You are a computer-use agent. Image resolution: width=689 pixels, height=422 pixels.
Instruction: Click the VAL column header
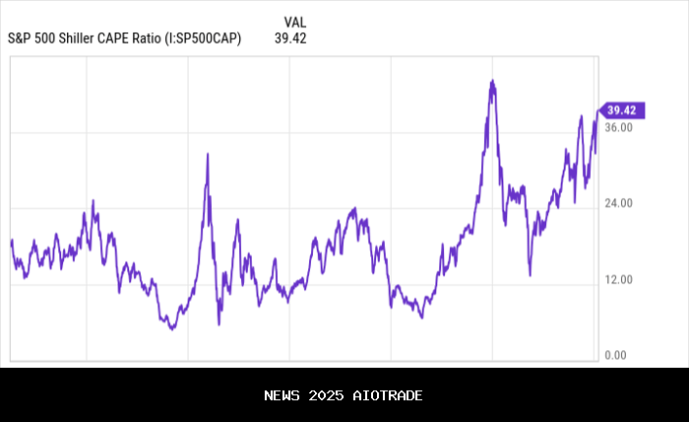(x=294, y=23)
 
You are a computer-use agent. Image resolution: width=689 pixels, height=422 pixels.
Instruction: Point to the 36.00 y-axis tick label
(x=619, y=128)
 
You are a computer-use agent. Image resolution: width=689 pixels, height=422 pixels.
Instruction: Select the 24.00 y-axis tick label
(x=619, y=204)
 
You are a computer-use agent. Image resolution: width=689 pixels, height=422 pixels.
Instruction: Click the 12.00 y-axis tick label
(x=619, y=280)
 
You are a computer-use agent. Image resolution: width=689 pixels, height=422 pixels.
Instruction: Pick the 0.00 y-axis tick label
(x=616, y=355)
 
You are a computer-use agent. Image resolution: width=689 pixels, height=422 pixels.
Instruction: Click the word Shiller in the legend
(x=78, y=39)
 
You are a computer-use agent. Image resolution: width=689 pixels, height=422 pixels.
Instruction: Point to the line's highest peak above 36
(x=492, y=81)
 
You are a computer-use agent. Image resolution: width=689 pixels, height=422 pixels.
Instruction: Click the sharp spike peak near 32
(x=208, y=154)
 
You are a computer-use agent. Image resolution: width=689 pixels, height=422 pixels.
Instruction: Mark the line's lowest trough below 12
(x=172, y=328)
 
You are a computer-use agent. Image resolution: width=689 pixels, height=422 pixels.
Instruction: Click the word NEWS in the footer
(x=282, y=395)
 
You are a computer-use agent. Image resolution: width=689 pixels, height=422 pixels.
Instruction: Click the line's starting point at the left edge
(x=11, y=240)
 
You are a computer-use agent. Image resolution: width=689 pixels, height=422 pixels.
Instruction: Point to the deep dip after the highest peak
(x=530, y=275)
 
